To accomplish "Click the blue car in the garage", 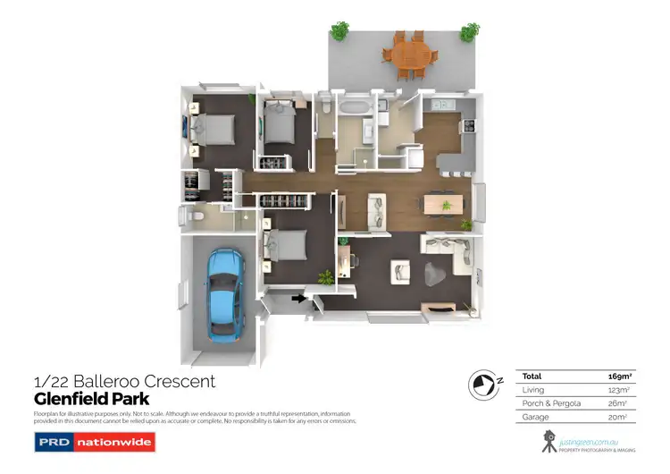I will pos(222,293).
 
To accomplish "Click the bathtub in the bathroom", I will pos(349,108).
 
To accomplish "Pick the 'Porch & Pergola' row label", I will pos(551,403).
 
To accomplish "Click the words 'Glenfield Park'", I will pos(91,399).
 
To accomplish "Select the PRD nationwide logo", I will pos(94,442).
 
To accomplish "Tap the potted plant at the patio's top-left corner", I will pos(339,32).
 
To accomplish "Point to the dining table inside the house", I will pos(444,205).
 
